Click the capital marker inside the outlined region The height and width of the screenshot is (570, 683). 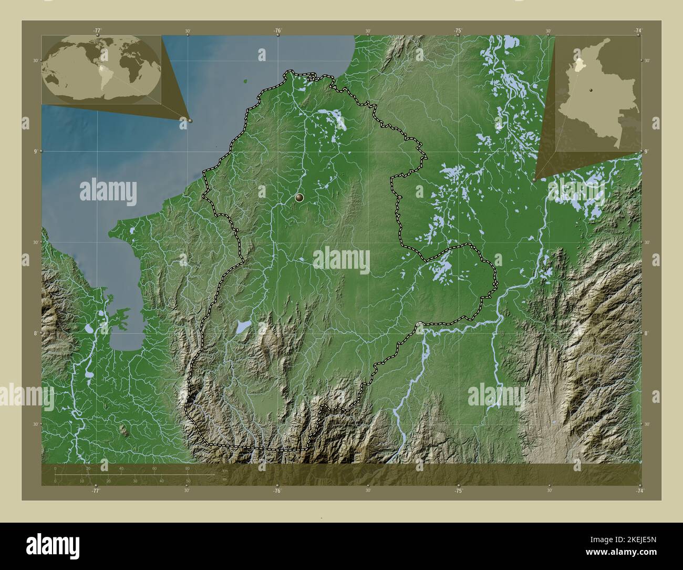(x=299, y=198)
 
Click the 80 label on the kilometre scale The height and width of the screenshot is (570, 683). (x=188, y=468)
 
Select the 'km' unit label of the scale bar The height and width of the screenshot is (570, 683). (x=225, y=470)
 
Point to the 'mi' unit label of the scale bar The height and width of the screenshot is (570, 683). (x=225, y=479)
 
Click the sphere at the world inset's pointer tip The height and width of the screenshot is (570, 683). (x=190, y=120)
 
